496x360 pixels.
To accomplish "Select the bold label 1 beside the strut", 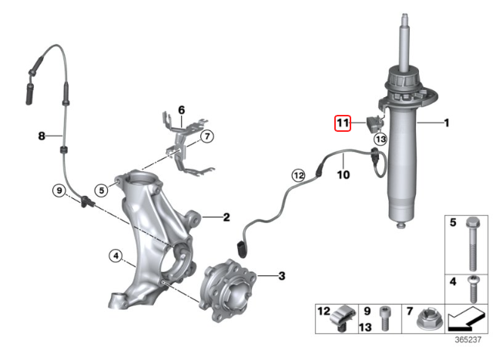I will (445, 122).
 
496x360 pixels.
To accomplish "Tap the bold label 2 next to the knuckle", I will (226, 217).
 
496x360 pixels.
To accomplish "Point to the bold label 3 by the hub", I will (281, 275).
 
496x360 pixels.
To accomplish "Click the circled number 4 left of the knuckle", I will (115, 255).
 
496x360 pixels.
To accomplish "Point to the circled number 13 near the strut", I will (380, 140).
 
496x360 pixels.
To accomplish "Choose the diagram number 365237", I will (467, 339).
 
